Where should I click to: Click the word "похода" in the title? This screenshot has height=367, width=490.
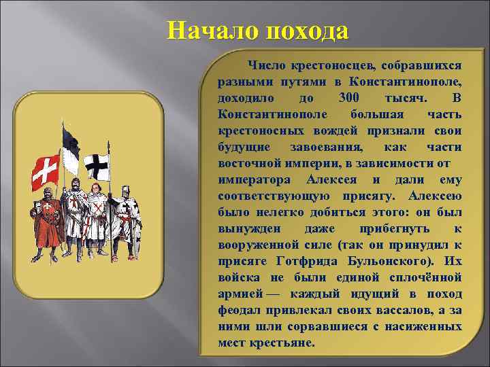coord(307,31)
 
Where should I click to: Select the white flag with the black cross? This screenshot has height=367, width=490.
coord(97,166)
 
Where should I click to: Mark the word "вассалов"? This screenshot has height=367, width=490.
coord(402,310)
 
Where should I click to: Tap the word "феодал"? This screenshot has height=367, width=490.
coord(242,310)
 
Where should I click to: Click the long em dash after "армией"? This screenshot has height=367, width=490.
coord(272,294)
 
